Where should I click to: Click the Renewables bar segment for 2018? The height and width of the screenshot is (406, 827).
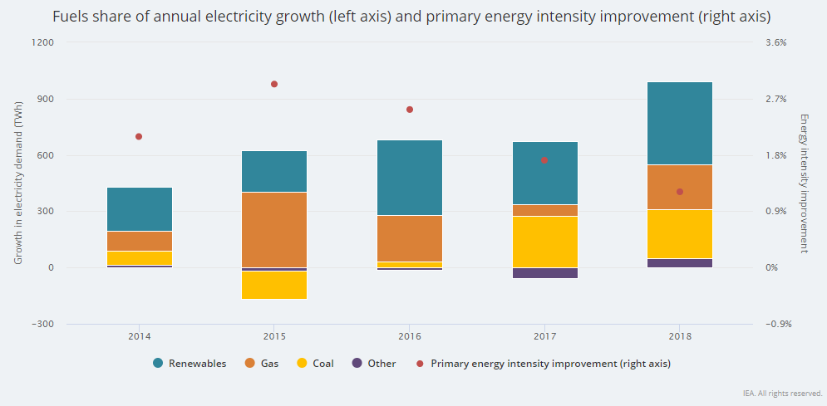point(680,123)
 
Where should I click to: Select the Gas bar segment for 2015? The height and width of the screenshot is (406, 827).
point(274,229)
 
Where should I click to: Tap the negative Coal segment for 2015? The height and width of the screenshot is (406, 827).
point(274,285)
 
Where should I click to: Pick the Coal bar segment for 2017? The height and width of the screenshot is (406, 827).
point(544,242)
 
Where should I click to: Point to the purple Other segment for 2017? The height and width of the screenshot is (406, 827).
point(544,273)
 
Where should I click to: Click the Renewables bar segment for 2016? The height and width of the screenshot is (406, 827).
point(409,178)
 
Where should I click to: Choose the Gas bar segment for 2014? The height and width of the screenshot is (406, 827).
point(139,241)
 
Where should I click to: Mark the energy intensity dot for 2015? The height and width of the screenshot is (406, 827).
point(274,84)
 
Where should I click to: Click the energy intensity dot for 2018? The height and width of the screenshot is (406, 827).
point(680,192)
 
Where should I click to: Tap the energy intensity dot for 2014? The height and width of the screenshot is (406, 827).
point(139,136)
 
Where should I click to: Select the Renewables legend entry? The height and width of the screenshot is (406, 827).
point(190,363)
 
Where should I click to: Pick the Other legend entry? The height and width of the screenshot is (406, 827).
point(374,363)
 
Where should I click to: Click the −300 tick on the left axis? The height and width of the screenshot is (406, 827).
point(42,324)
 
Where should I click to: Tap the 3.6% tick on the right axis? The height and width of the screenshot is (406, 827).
point(775,42)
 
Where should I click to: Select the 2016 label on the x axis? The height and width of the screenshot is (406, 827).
point(409,336)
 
